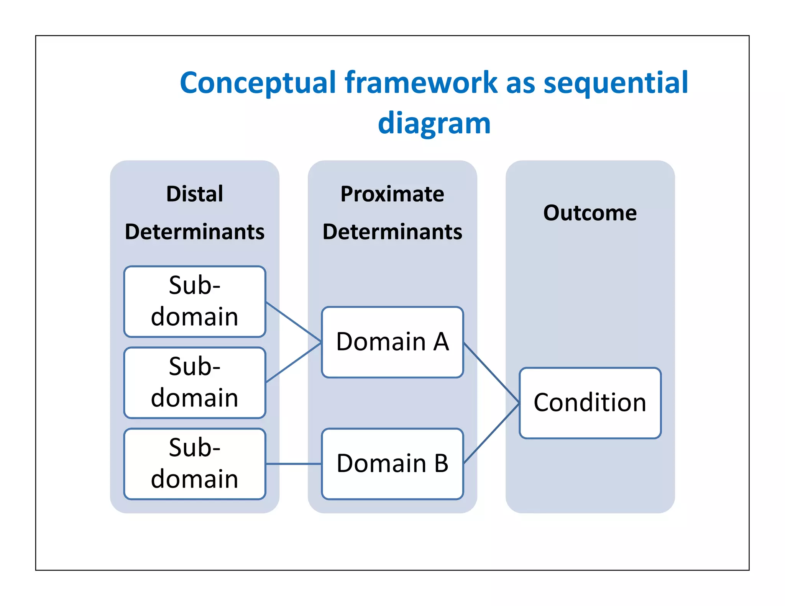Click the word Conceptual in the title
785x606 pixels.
pyautogui.click(x=258, y=83)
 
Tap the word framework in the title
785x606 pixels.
pyautogui.click(x=420, y=83)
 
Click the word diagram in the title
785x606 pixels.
pyautogui.click(x=434, y=123)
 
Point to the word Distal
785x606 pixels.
pyautogui.click(x=195, y=194)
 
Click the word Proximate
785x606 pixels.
pyautogui.click(x=392, y=194)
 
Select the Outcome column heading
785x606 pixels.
pyautogui.click(x=590, y=213)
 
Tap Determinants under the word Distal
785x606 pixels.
pyautogui.click(x=195, y=232)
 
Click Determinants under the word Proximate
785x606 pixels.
pyautogui.click(x=392, y=232)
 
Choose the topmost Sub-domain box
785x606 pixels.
pyautogui.click(x=195, y=301)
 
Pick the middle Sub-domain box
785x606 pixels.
pyautogui.click(x=195, y=382)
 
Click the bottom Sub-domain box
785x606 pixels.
pyautogui.click(x=195, y=464)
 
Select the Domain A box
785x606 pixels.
pyautogui.click(x=392, y=342)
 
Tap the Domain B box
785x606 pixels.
pyautogui.click(x=392, y=464)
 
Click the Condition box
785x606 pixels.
pyautogui.click(x=590, y=403)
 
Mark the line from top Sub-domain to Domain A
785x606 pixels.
pyautogui.click(x=293, y=321)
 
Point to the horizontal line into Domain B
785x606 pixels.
pyautogui.click(x=294, y=464)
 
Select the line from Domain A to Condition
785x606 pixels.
pyautogui.click(x=491, y=373)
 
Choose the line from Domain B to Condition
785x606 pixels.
pyautogui.click(x=491, y=434)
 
